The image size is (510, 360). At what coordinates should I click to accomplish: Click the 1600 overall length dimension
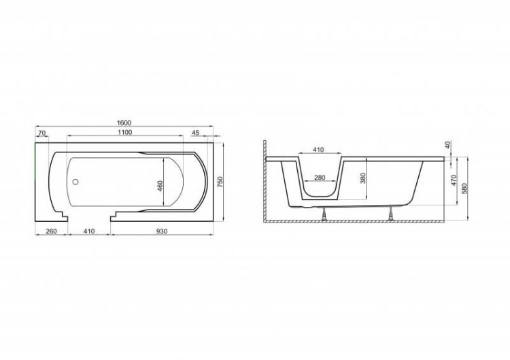(x=124, y=122)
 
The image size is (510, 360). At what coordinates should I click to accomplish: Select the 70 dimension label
(x=41, y=133)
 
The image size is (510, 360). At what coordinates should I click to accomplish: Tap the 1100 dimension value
(x=125, y=132)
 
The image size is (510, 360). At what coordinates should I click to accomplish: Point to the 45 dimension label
(x=195, y=133)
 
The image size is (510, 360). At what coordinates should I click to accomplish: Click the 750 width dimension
(x=220, y=182)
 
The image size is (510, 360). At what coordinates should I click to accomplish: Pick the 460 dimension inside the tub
(x=160, y=186)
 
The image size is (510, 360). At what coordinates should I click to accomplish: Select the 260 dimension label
(x=51, y=231)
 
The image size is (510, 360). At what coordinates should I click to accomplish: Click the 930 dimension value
(x=162, y=231)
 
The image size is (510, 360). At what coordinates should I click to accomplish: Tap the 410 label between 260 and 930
(x=89, y=231)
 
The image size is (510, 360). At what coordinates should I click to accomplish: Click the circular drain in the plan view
(x=75, y=182)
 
